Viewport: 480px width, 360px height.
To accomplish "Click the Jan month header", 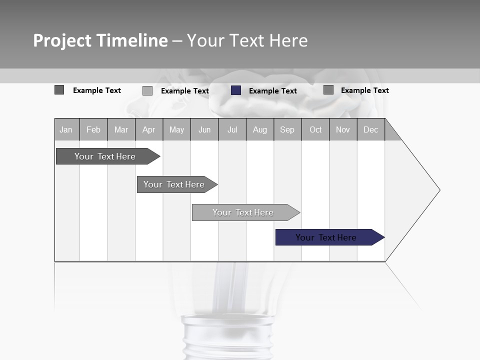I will pyautogui.click(x=66, y=129).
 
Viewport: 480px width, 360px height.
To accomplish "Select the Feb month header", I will pyautogui.click(x=93, y=129).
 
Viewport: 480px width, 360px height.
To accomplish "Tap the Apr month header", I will pyautogui.click(x=149, y=129).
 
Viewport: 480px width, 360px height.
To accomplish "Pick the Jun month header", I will pyautogui.click(x=204, y=129).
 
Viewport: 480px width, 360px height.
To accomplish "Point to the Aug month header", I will pyautogui.click(x=260, y=129).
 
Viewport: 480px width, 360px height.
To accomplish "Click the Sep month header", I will pyautogui.click(x=287, y=129).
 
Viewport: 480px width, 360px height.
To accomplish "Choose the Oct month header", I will pyautogui.click(x=315, y=129).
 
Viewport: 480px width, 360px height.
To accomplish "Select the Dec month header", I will pyautogui.click(x=371, y=129).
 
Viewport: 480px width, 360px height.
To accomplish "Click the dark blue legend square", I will pyautogui.click(x=236, y=90).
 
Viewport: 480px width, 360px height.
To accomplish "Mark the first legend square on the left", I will pyautogui.click(x=59, y=90).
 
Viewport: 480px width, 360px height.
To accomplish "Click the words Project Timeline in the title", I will pyautogui.click(x=100, y=40).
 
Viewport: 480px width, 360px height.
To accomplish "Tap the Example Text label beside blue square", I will pyautogui.click(x=273, y=91).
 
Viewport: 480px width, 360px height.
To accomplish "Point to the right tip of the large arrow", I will pyautogui.click(x=438, y=190).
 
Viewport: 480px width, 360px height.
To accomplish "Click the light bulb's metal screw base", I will pyautogui.click(x=227, y=337).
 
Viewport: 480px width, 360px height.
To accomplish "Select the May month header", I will pyautogui.click(x=176, y=129).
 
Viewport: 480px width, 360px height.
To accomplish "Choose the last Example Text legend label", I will pyautogui.click(x=365, y=90).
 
